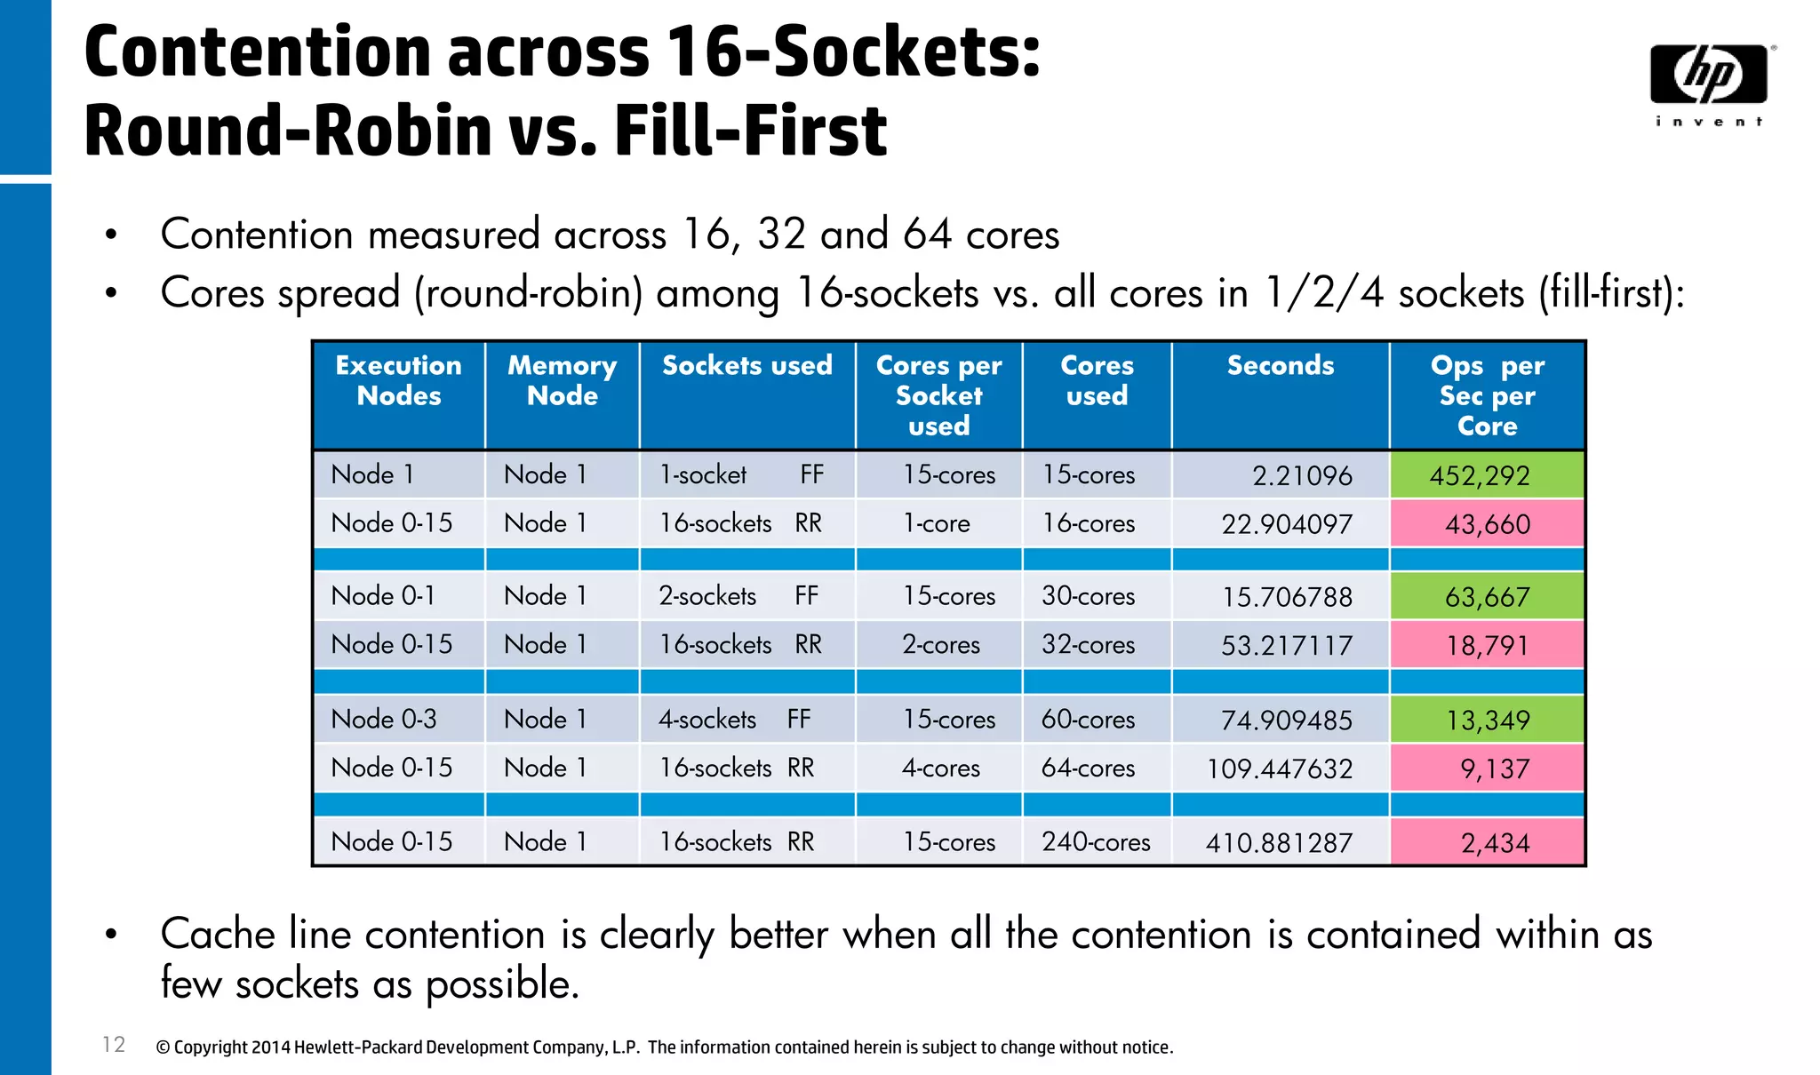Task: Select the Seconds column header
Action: pyautogui.click(x=1280, y=366)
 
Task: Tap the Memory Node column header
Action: pyautogui.click(x=562, y=380)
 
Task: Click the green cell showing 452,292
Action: pyautogui.click(x=1487, y=475)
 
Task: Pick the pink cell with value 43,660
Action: pyautogui.click(x=1487, y=524)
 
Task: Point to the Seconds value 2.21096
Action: pyautogui.click(x=1302, y=476)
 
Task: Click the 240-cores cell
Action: pyautogui.click(x=1096, y=842)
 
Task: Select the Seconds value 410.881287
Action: pyautogui.click(x=1279, y=843)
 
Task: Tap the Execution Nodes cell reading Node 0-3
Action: pyautogui.click(x=384, y=719)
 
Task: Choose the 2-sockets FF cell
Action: pyautogui.click(x=738, y=596)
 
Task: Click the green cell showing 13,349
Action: pyautogui.click(x=1487, y=720)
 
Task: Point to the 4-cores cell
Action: pyautogui.click(x=940, y=768)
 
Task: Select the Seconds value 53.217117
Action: pyautogui.click(x=1286, y=646)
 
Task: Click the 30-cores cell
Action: pyautogui.click(x=1088, y=596)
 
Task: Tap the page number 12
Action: pyautogui.click(x=114, y=1045)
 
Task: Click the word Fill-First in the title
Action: pyautogui.click(x=750, y=131)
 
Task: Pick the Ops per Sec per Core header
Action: pyautogui.click(x=1487, y=395)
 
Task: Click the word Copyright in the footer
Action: pyautogui.click(x=211, y=1047)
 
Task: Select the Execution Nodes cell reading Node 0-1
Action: pyautogui.click(x=383, y=596)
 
